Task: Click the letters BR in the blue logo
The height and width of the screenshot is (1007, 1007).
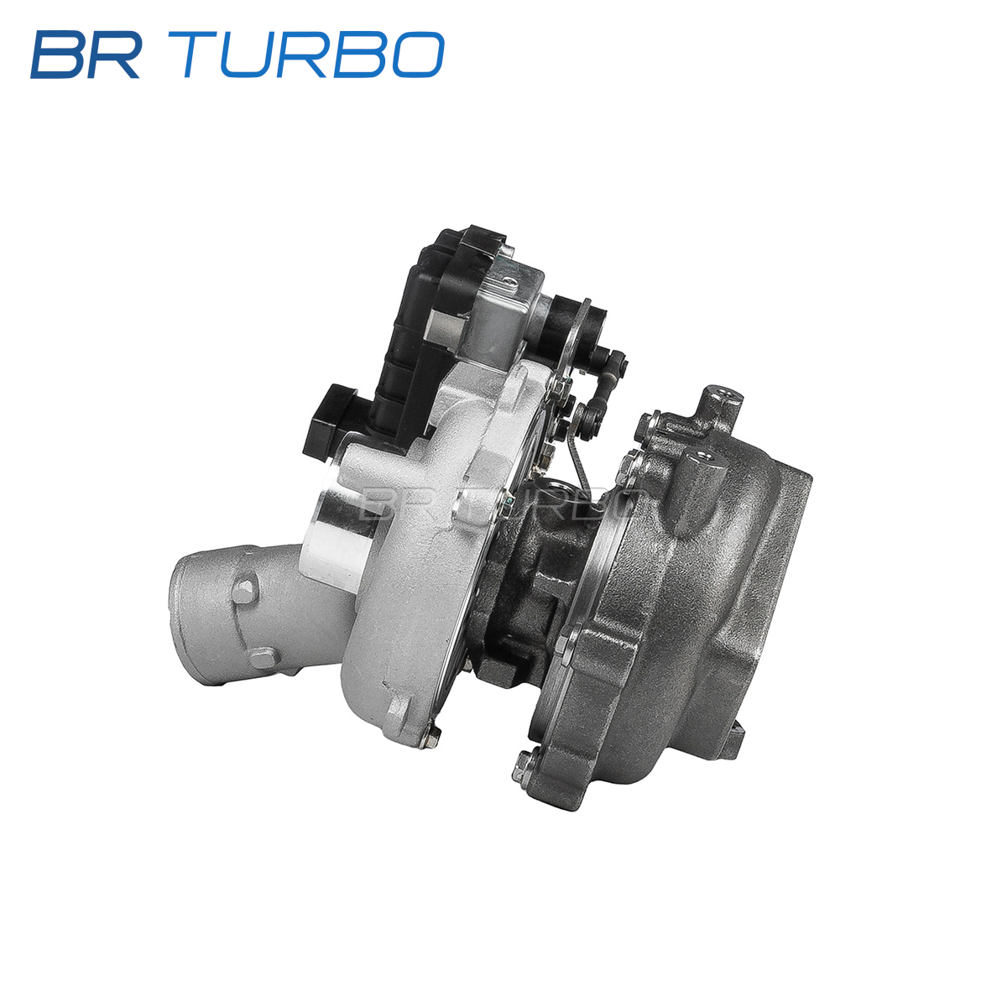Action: (x=86, y=55)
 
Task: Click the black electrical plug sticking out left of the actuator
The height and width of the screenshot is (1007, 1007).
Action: (x=331, y=420)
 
